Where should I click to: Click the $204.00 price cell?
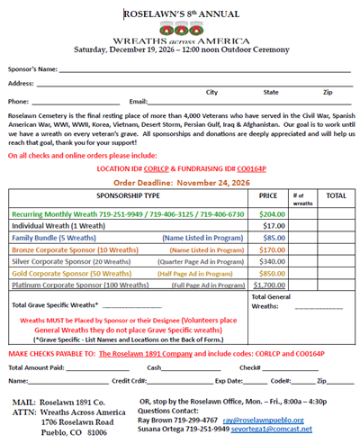[272, 214]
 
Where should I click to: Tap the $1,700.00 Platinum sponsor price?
[270, 285]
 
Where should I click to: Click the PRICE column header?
[268, 195]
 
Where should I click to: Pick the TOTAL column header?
[335, 195]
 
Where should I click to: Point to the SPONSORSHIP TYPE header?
[129, 195]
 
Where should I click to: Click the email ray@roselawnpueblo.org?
[258, 420]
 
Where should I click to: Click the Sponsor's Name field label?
[33, 68]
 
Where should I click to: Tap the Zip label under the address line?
[328, 92]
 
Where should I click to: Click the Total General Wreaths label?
[270, 301]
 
